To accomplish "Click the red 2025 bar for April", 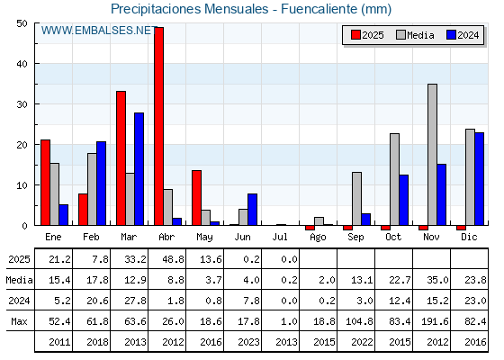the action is click(158, 126).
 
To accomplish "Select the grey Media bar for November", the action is click(432, 155).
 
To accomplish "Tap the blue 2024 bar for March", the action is click(139, 169).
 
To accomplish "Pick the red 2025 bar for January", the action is click(45, 183).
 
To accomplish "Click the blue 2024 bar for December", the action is click(479, 179).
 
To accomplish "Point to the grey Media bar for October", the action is click(394, 179).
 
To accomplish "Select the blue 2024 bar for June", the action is click(252, 210).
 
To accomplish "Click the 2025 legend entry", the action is click(368, 35).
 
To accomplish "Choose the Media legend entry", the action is click(415, 35).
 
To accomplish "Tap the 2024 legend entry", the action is click(463, 35).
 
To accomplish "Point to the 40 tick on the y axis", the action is click(22, 64).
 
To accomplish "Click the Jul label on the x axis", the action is click(280, 238).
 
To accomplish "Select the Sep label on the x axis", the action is click(355, 238).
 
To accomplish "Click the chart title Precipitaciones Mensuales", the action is click(190, 9).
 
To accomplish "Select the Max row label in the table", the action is click(19, 321).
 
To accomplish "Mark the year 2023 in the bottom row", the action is click(248, 342).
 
